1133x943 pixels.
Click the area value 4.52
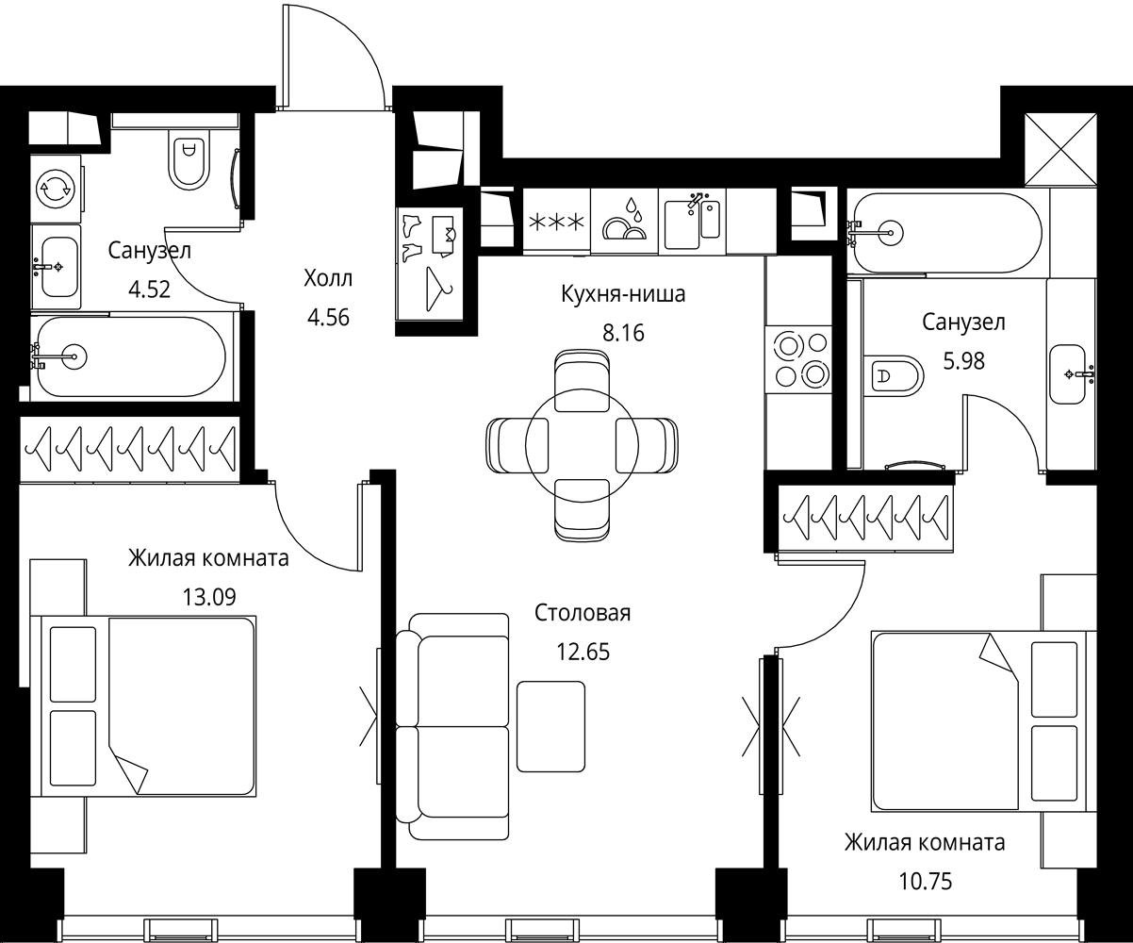pyautogui.click(x=149, y=289)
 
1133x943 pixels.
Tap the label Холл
pyautogui.click(x=328, y=278)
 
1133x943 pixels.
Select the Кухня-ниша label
pyautogui.click(x=623, y=294)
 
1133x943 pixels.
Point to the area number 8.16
pyautogui.click(x=623, y=333)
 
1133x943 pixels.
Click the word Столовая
pyautogui.click(x=583, y=613)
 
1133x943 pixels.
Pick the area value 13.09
pyautogui.click(x=209, y=597)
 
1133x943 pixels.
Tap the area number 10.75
pyautogui.click(x=926, y=881)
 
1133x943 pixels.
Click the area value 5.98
pyautogui.click(x=963, y=361)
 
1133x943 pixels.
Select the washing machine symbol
pyautogui.click(x=55, y=189)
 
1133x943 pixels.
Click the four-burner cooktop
pyautogui.click(x=799, y=359)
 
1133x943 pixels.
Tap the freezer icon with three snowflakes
pyautogui.click(x=557, y=222)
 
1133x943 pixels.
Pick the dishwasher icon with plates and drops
pyautogui.click(x=625, y=222)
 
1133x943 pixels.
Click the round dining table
pyautogui.click(x=582, y=445)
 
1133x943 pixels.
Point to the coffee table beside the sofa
pyautogui.click(x=550, y=726)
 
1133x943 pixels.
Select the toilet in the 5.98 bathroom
pyautogui.click(x=893, y=375)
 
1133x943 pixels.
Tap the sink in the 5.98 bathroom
pyautogui.click(x=1067, y=374)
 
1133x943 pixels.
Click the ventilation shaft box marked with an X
pyautogui.click(x=1060, y=150)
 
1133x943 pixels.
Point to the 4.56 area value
pyautogui.click(x=328, y=318)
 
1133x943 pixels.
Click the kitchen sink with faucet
pyautogui.click(x=693, y=222)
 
